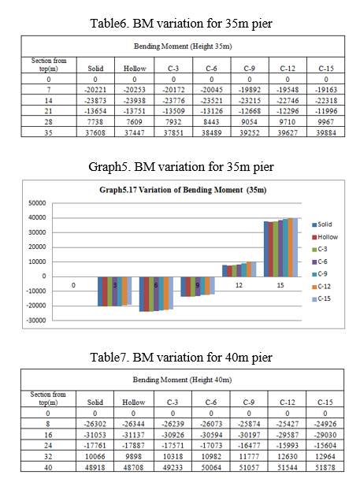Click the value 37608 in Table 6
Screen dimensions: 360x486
pyautogui.click(x=95, y=132)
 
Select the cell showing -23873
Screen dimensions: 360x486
pyautogui.click(x=95, y=101)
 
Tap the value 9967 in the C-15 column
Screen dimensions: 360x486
pyautogui.click(x=325, y=122)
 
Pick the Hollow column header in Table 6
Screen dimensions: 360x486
pyautogui.click(x=135, y=69)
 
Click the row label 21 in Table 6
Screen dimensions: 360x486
pyautogui.click(x=48, y=111)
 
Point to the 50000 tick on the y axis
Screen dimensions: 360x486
pyautogui.click(x=37, y=203)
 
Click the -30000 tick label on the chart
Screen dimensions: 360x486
pyautogui.click(x=35, y=321)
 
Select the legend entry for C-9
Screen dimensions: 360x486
pyautogui.click(x=320, y=274)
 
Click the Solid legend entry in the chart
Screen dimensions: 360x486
pyautogui.click(x=322, y=224)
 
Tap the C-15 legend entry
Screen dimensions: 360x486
pyautogui.click(x=321, y=299)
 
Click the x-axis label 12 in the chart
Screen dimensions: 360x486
pyautogui.click(x=239, y=285)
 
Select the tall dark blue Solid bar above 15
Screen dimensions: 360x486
pyautogui.click(x=266, y=249)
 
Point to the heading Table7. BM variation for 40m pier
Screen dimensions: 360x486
pyautogui.click(x=181, y=358)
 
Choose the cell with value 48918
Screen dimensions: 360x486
pyautogui.click(x=95, y=467)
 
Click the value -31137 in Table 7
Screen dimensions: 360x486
pyautogui.click(x=133, y=435)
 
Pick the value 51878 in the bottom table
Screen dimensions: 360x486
pyautogui.click(x=325, y=467)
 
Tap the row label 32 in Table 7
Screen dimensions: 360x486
pyautogui.click(x=48, y=456)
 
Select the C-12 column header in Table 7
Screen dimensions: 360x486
pyautogui.click(x=287, y=403)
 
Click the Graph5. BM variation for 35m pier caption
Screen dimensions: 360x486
pyautogui.click(x=181, y=167)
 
